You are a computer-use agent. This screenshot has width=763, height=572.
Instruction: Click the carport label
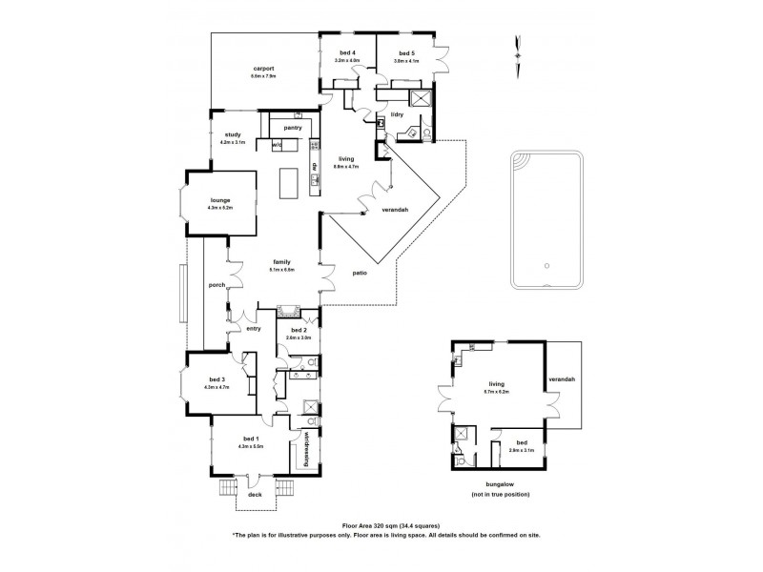[264, 69]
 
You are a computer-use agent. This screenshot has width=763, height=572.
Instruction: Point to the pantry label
[293, 126]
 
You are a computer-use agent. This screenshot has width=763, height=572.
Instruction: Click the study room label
[232, 134]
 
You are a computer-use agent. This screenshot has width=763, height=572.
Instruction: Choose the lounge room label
[220, 199]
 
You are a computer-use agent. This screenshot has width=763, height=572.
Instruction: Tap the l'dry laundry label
[398, 114]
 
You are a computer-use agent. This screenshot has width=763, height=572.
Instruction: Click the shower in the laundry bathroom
[420, 100]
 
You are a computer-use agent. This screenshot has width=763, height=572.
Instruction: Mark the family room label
[281, 262]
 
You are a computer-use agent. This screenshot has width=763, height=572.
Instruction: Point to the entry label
[254, 329]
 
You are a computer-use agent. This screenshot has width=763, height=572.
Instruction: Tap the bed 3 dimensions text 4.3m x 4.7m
[217, 388]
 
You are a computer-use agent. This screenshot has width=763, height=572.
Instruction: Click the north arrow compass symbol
[517, 48]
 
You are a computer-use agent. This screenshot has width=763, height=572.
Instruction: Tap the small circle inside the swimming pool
[546, 266]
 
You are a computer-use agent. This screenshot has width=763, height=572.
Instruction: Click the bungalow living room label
[495, 384]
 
